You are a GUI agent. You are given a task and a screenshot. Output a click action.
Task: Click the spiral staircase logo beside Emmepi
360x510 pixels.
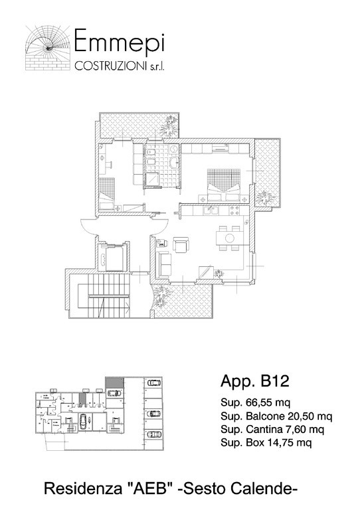(x=48, y=48)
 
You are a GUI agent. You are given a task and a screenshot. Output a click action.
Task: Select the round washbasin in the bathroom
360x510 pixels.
(x=175, y=161)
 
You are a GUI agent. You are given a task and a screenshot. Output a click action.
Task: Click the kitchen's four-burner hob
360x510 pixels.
(x=234, y=211)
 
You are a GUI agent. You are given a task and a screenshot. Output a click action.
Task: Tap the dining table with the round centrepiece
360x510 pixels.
(x=230, y=238)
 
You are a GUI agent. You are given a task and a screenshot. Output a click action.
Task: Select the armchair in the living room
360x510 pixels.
(x=181, y=244)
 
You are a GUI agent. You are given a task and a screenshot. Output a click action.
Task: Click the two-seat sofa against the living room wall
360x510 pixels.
(x=164, y=264)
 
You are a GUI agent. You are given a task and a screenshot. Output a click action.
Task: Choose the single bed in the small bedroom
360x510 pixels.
(x=107, y=194)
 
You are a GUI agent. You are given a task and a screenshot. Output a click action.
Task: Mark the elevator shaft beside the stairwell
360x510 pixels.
(x=112, y=256)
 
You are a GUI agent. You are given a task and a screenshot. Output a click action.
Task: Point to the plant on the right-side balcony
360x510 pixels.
(x=265, y=198)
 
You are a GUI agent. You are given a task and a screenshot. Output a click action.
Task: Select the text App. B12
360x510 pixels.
(x=254, y=381)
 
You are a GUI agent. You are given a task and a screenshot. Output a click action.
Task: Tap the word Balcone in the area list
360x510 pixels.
(x=266, y=416)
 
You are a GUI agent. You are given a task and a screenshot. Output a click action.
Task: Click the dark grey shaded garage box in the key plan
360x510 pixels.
(x=114, y=382)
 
